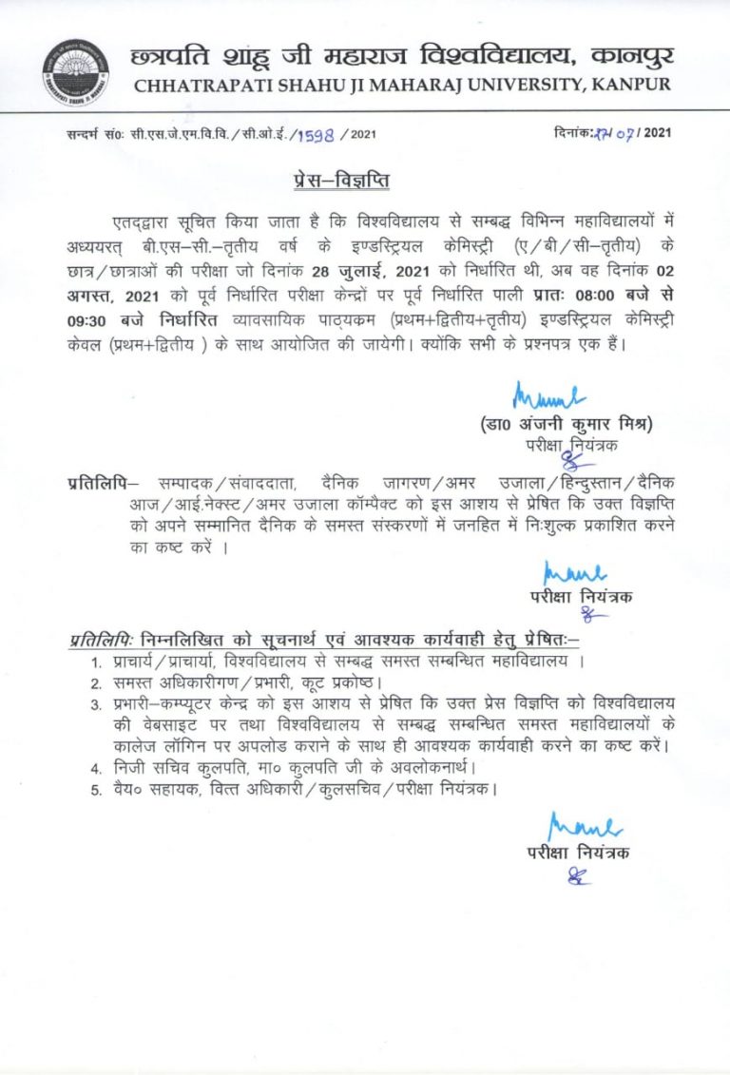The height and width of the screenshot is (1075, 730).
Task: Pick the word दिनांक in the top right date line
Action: [574, 132]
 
